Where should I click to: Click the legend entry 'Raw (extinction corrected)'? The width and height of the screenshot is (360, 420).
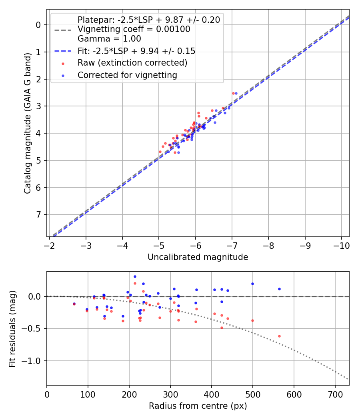pos(132,63)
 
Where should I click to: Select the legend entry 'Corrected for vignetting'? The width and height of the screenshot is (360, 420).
pos(127,75)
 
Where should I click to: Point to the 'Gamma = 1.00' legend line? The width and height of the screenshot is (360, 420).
pos(109,39)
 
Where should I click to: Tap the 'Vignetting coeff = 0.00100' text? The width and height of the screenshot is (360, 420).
pos(134,29)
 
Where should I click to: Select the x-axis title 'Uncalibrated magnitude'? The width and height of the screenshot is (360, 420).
pos(198,257)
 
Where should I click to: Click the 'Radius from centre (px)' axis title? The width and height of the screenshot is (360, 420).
pos(198,406)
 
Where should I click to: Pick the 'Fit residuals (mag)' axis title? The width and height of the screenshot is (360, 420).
pos(12,328)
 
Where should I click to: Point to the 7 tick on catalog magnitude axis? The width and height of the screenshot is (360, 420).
pos(38,215)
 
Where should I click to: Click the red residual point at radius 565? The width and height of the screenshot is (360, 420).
pos(279,336)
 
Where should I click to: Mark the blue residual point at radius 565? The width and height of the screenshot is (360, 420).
pos(279,289)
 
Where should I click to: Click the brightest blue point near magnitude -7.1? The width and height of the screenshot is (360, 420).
pos(236,93)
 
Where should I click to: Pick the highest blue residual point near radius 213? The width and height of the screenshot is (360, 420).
pos(135,276)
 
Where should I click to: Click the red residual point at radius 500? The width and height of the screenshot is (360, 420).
pos(252,320)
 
